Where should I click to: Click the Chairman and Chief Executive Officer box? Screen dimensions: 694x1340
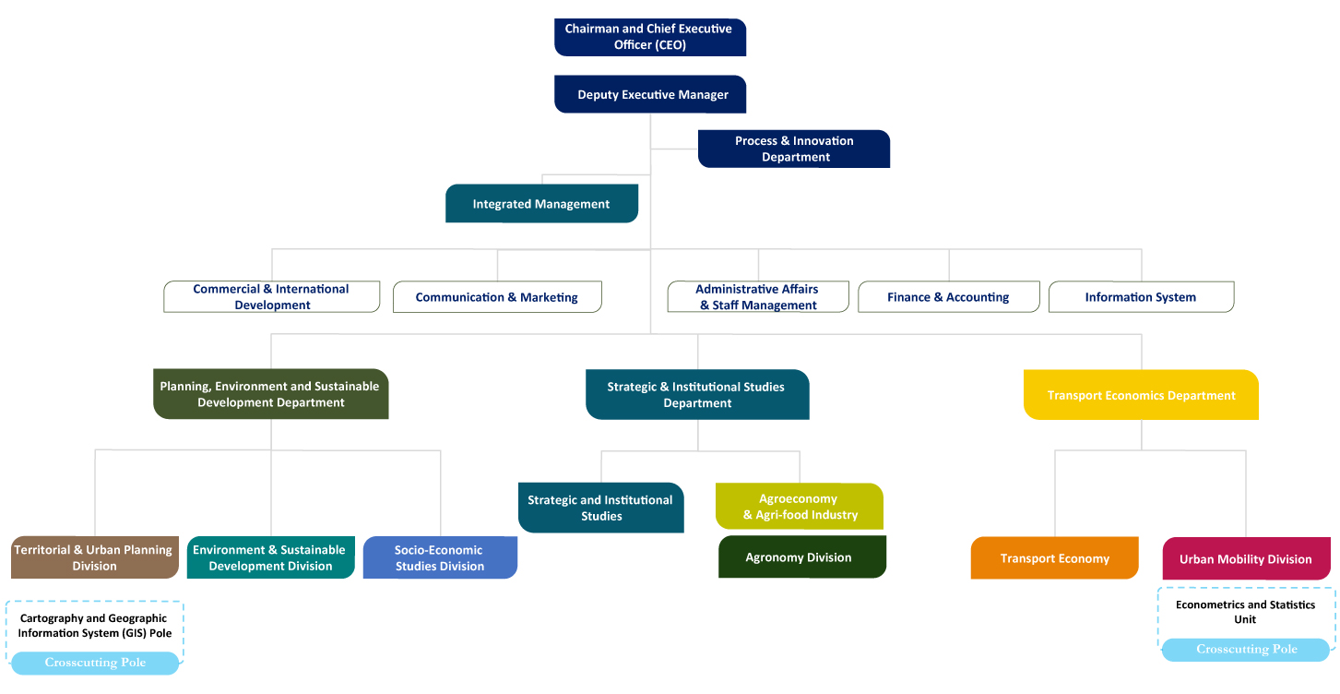pyautogui.click(x=649, y=37)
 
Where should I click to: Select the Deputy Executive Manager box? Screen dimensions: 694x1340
pyautogui.click(x=649, y=94)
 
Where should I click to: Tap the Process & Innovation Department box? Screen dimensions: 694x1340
pyautogui.click(x=793, y=149)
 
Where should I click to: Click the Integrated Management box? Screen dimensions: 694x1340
pyautogui.click(x=541, y=204)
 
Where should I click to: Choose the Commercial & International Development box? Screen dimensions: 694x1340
pyautogui.click(x=271, y=296)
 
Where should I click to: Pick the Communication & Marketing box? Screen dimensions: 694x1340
pyautogui.click(x=497, y=296)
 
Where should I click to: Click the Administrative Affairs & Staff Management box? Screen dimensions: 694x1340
pyautogui.click(x=758, y=296)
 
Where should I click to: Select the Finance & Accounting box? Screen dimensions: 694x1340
pyautogui.click(x=948, y=296)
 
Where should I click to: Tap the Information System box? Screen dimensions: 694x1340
pyautogui.click(x=1141, y=296)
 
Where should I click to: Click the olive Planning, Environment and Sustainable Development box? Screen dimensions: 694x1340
pyautogui.click(x=270, y=394)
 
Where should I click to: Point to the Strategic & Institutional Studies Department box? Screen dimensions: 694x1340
pyautogui.click(x=697, y=394)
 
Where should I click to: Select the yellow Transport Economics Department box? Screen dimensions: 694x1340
pyautogui.click(x=1141, y=395)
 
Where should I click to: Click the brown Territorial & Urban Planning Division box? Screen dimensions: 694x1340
pyautogui.click(x=94, y=557)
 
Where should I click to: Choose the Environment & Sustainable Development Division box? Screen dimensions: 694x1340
pyautogui.click(x=270, y=557)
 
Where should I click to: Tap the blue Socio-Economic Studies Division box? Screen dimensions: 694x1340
pyautogui.click(x=440, y=557)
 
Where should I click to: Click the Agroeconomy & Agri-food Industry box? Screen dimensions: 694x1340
pyautogui.click(x=799, y=507)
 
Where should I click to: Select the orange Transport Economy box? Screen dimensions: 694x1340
pyautogui.click(x=1054, y=558)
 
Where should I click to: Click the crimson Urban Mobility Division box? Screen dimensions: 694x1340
pyautogui.click(x=1245, y=558)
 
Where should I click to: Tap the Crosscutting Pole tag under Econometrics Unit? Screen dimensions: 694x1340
pyautogui.click(x=1246, y=650)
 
